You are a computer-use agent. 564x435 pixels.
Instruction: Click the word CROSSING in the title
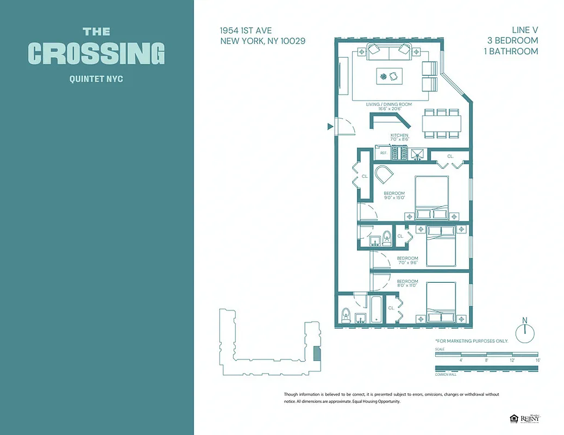96,53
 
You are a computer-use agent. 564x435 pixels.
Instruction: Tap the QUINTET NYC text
96,79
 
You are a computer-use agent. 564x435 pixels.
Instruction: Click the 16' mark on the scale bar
537,360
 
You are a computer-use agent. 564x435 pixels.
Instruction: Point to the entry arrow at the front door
330,127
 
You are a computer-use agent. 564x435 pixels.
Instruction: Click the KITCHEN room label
399,135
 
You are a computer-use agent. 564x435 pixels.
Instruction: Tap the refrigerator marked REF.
383,153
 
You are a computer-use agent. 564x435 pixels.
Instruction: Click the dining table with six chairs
442,122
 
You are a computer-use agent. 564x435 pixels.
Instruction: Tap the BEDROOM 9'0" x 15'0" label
394,196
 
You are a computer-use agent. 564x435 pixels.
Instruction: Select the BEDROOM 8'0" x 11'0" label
407,284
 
